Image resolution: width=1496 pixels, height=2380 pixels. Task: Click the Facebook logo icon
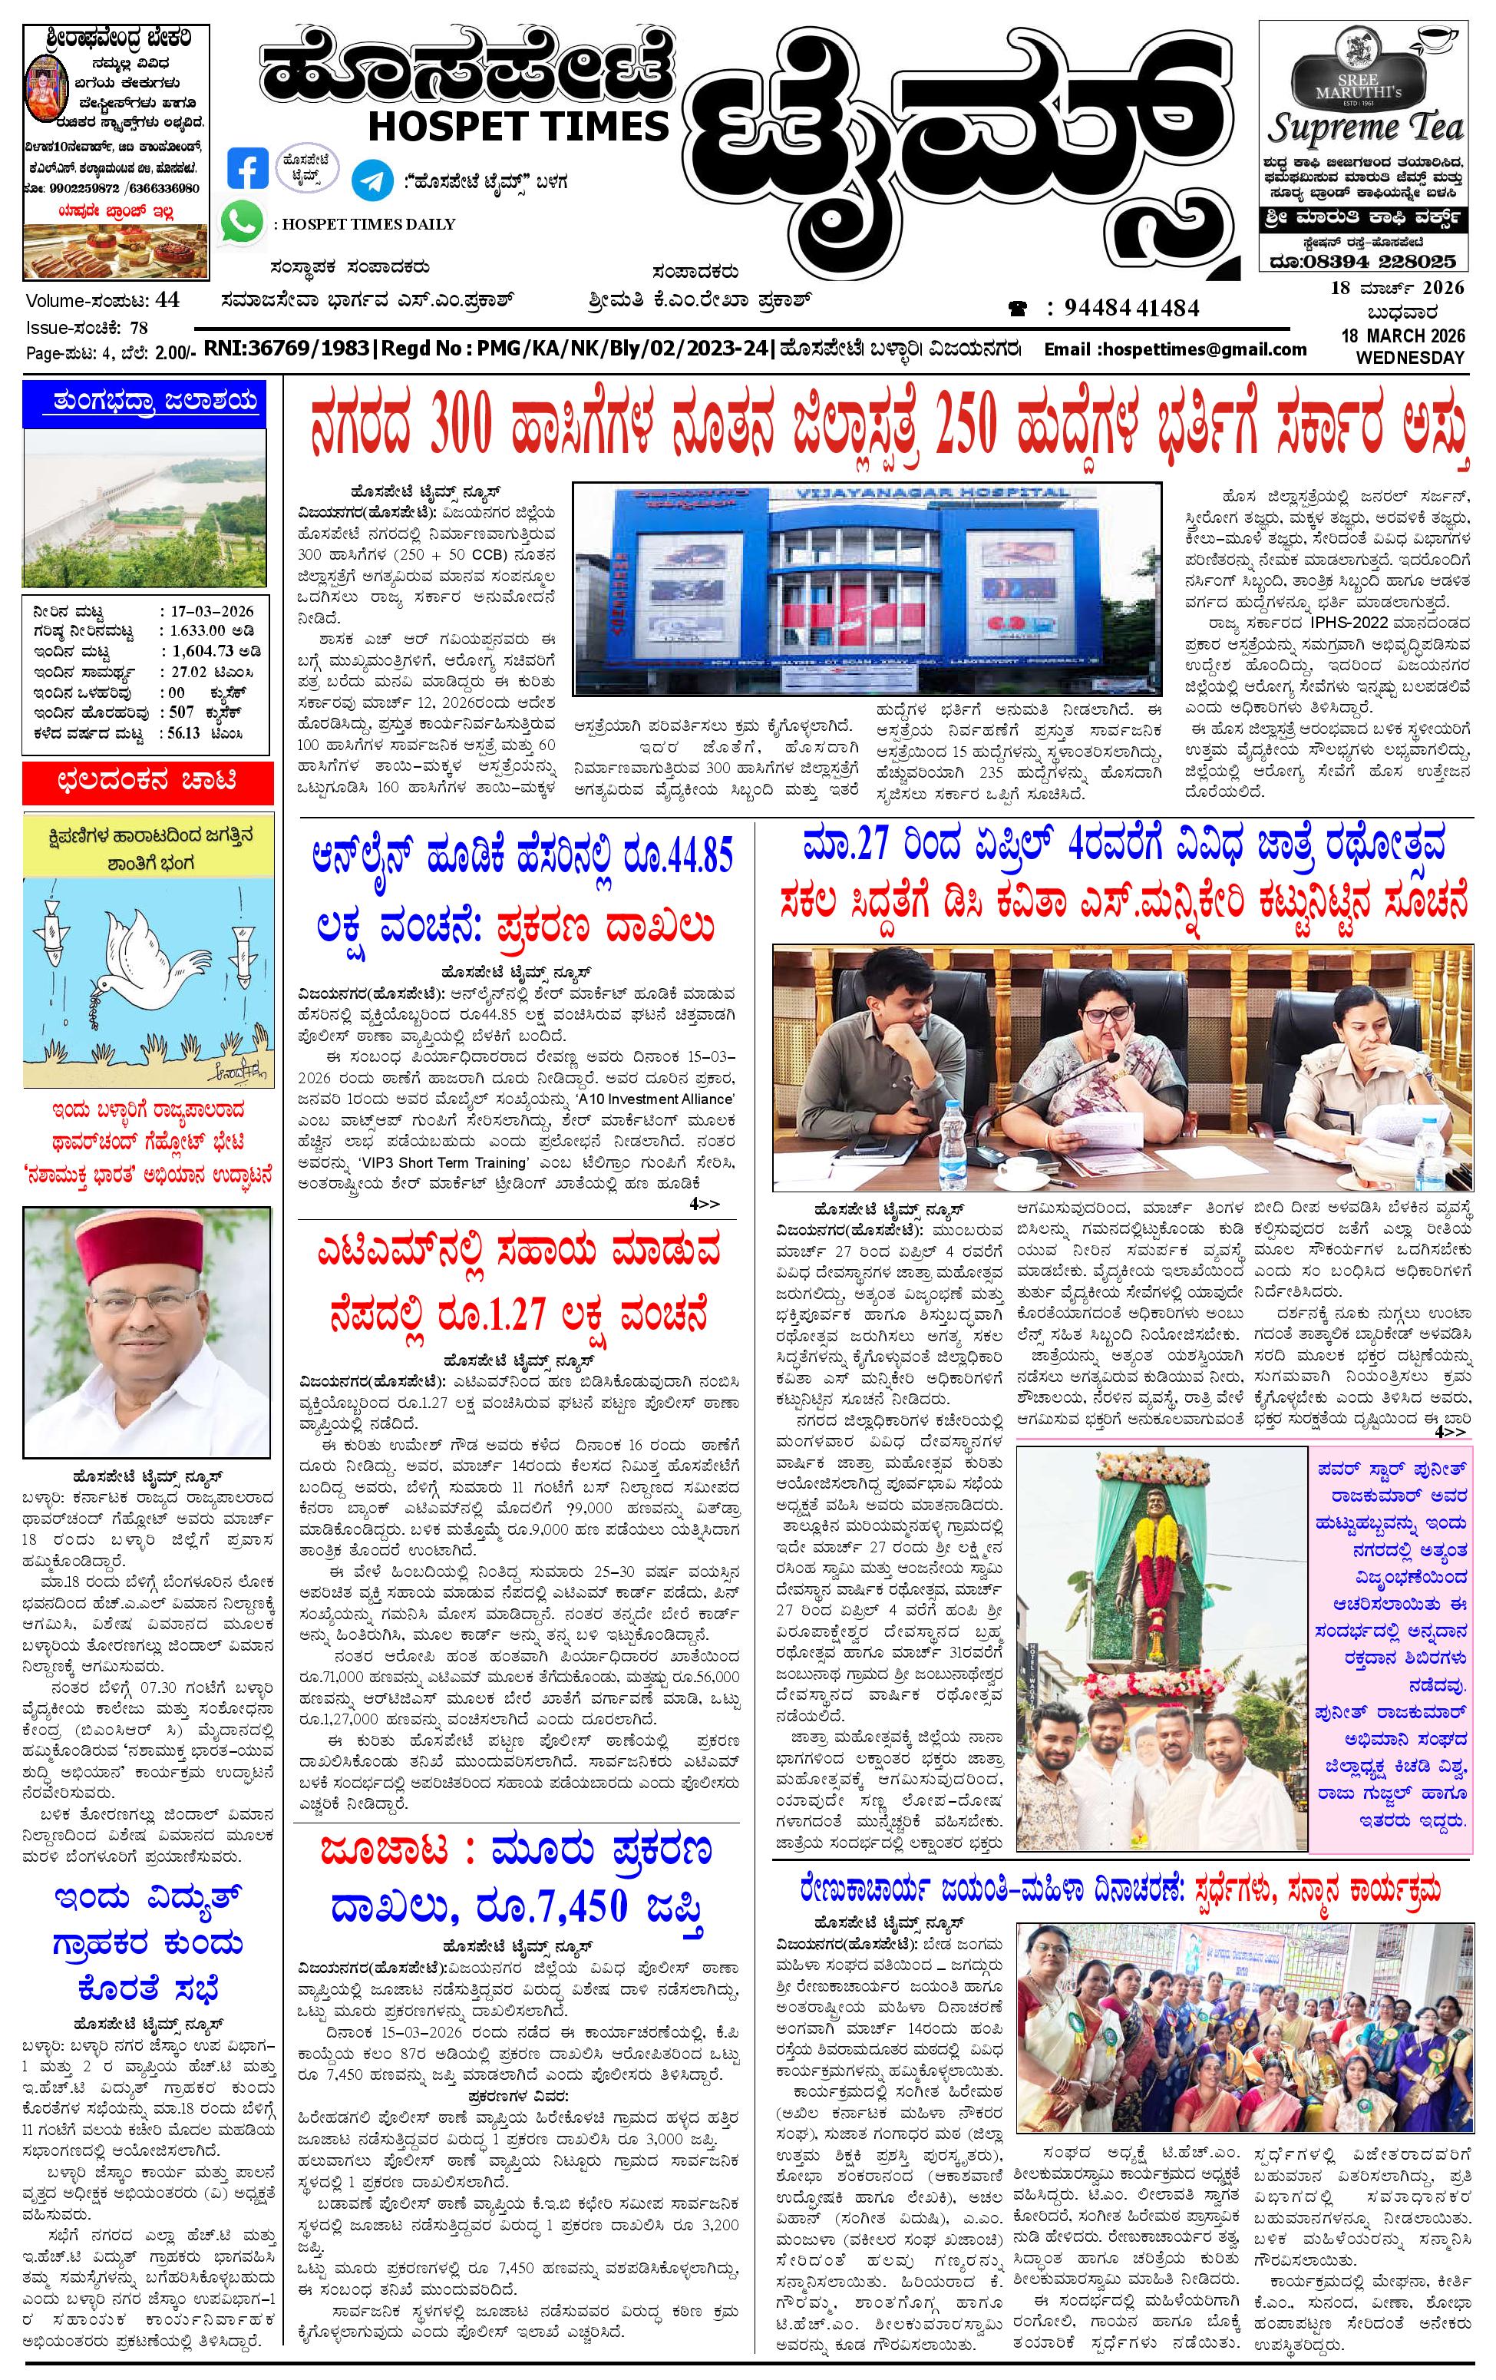point(247,168)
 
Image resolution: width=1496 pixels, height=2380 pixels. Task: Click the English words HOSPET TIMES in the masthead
point(519,124)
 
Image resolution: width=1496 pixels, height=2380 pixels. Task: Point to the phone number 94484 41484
point(1131,309)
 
